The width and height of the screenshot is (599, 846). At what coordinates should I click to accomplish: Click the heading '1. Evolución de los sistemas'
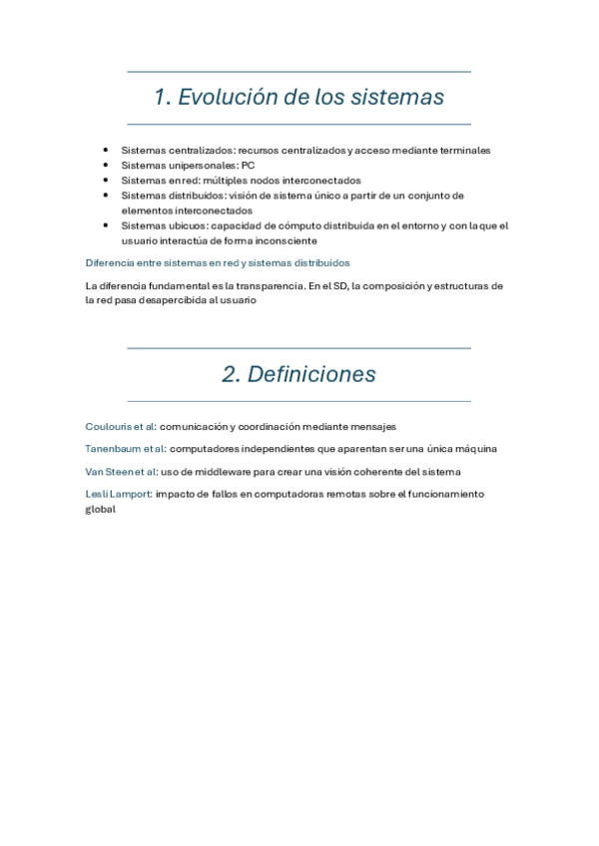click(299, 98)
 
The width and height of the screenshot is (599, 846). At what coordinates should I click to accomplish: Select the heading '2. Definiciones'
click(299, 374)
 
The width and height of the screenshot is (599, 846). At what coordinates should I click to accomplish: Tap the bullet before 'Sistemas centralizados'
click(107, 150)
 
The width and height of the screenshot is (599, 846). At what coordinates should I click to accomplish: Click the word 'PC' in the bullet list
click(248, 165)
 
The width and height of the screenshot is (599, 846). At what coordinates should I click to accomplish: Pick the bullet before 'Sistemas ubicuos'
click(107, 225)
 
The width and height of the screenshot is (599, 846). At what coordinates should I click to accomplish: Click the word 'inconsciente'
click(287, 240)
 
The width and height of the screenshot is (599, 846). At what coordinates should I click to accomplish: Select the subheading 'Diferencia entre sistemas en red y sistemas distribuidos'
click(218, 263)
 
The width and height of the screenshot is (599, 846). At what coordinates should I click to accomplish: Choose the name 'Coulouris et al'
click(121, 426)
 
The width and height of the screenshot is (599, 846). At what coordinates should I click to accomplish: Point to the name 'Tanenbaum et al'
click(125, 449)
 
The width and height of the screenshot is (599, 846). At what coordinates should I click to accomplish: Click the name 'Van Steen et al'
click(120, 471)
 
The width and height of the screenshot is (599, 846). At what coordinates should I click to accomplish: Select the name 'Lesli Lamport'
click(118, 494)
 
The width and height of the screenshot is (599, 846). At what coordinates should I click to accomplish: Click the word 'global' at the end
click(101, 509)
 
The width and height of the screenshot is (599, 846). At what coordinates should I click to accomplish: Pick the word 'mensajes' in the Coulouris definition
click(374, 426)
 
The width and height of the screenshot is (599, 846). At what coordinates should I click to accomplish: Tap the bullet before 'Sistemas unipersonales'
click(107, 165)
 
